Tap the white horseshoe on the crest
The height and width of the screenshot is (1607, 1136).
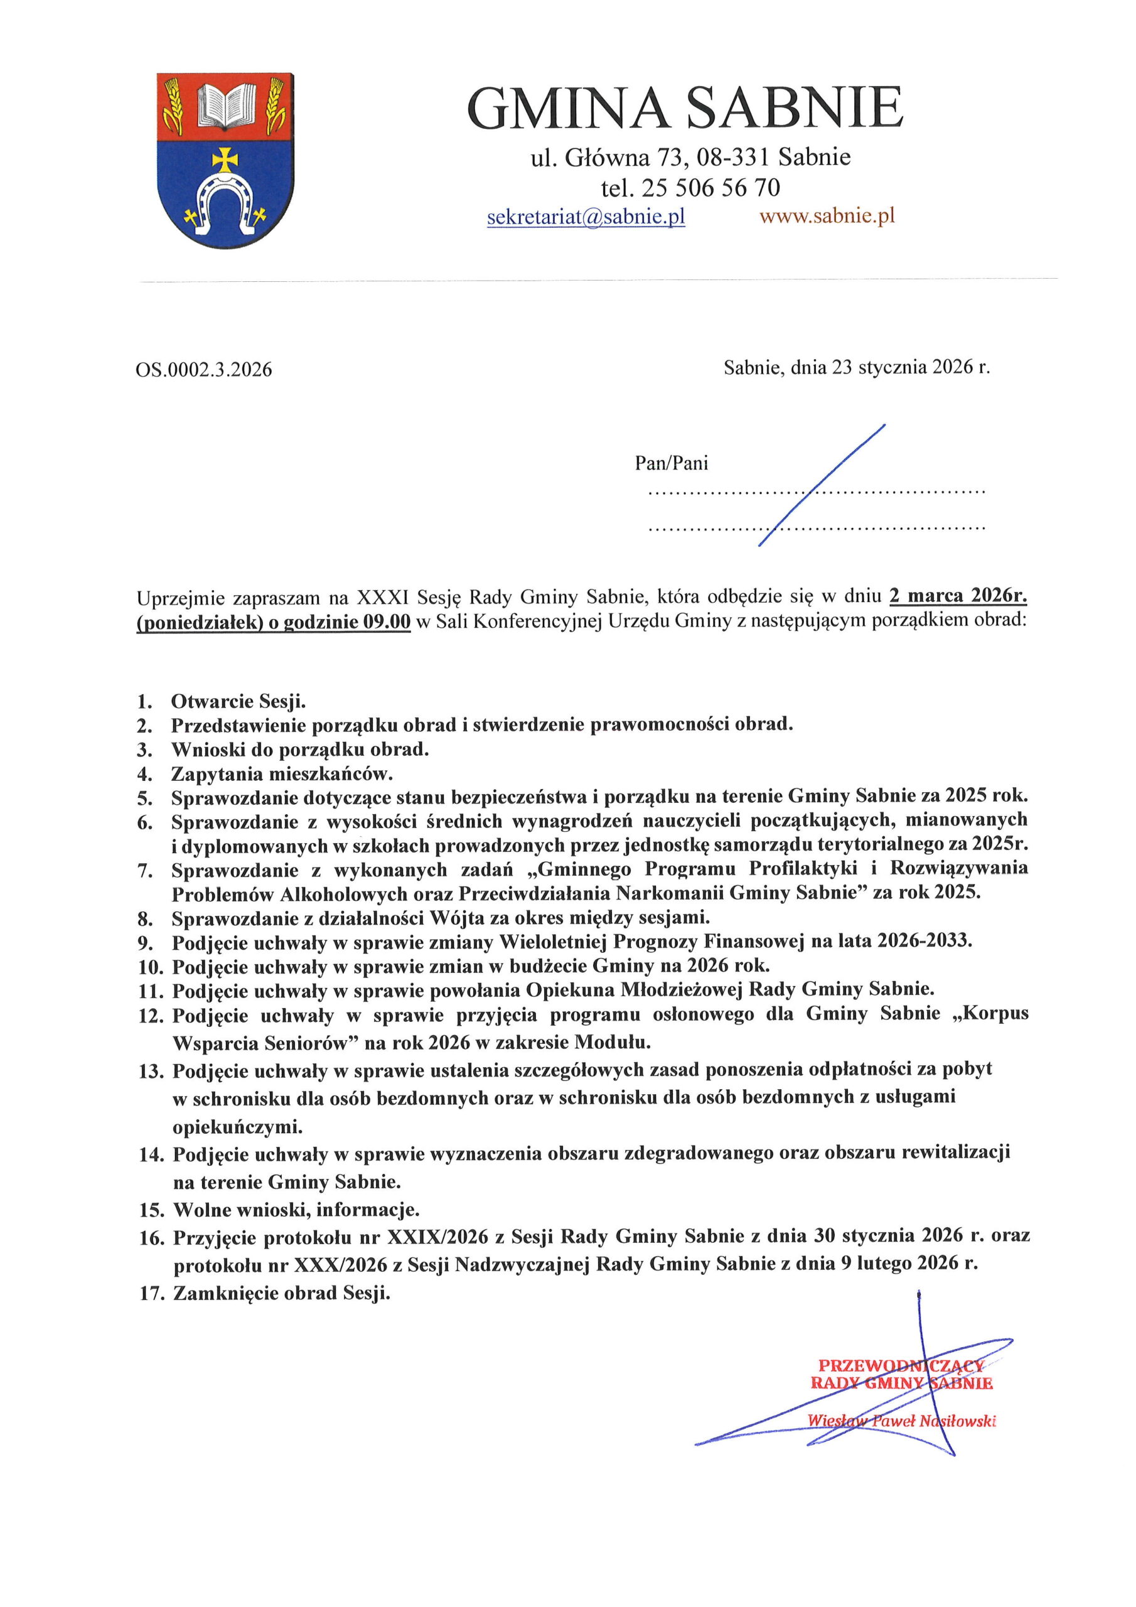(x=224, y=203)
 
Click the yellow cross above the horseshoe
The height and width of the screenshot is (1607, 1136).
(x=225, y=160)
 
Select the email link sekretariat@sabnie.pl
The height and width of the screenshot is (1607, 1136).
(x=586, y=217)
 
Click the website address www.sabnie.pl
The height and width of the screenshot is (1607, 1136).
(x=827, y=217)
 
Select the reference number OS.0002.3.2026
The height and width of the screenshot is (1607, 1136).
(x=204, y=370)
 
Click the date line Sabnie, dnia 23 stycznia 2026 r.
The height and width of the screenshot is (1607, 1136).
(x=857, y=367)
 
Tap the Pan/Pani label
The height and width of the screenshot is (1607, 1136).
(x=671, y=463)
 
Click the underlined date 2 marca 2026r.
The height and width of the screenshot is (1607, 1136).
(x=958, y=596)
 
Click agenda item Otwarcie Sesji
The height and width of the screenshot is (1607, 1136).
(x=238, y=701)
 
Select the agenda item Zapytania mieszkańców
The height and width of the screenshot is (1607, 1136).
(x=282, y=773)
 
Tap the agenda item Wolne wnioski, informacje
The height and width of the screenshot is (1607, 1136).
(x=296, y=1210)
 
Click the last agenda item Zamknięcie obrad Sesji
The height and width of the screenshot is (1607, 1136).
(x=281, y=1293)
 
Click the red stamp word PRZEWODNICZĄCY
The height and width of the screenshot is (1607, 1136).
(x=901, y=1365)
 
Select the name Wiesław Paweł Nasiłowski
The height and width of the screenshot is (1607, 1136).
(x=901, y=1420)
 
